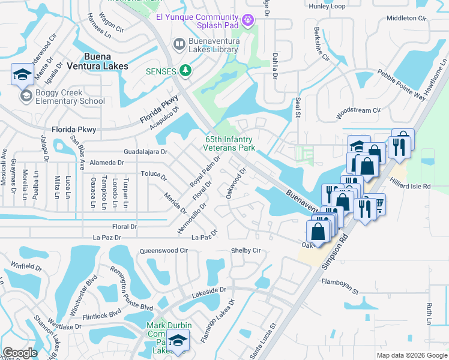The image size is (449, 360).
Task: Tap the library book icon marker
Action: (x=178, y=43)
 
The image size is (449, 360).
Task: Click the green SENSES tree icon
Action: (x=186, y=71)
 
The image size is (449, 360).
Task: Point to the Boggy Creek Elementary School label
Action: (x=70, y=97)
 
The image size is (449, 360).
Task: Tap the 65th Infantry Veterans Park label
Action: (x=229, y=143)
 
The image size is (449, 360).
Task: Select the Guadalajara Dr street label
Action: (x=145, y=152)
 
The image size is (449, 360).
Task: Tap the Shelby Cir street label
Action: (x=247, y=250)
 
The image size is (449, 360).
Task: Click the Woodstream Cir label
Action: (x=359, y=111)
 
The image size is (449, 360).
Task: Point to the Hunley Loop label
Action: (x=327, y=7)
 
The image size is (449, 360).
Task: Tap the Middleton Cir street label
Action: (x=406, y=18)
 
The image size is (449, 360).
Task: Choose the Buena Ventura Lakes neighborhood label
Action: (x=97, y=61)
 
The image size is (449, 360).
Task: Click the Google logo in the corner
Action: (x=20, y=352)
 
